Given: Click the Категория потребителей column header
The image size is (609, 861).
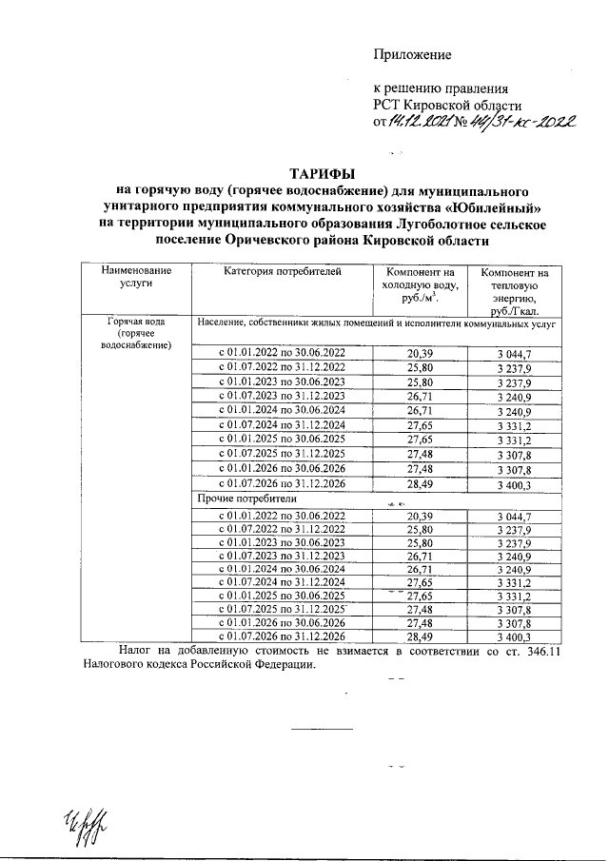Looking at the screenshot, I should (x=281, y=272).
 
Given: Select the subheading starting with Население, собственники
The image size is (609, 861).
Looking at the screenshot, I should (x=375, y=324).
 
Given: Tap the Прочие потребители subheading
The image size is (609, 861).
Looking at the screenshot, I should (x=246, y=499).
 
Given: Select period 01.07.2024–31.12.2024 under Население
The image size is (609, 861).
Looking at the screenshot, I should (x=283, y=424).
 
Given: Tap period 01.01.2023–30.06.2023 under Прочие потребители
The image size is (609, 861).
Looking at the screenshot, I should (x=283, y=542).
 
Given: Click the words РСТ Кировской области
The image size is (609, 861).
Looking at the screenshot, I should (x=447, y=105).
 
